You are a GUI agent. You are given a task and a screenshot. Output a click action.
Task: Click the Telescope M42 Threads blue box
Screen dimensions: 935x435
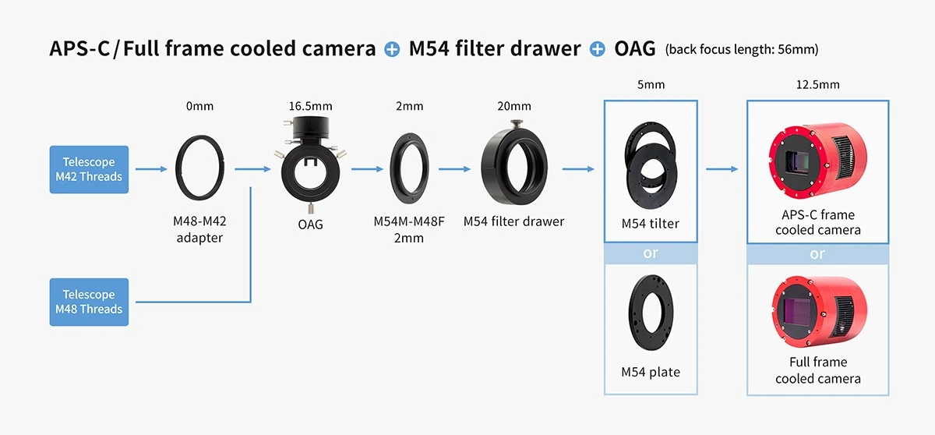[89, 169]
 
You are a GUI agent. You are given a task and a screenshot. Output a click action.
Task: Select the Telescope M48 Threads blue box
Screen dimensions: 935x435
[89, 302]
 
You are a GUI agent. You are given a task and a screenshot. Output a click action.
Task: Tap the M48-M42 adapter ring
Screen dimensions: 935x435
[177, 168]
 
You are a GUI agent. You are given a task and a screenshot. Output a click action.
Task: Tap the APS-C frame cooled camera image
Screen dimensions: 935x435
[817, 161]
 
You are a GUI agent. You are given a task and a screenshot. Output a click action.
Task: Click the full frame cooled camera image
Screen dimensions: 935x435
[819, 311]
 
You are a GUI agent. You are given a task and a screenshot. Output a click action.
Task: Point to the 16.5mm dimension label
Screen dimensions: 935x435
[311, 106]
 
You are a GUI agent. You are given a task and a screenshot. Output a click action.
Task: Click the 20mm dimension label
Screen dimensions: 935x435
[514, 106]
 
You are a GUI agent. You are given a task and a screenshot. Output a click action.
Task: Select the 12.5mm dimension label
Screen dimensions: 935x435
[817, 84]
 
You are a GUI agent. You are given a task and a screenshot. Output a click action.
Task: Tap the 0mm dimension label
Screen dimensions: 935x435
[199, 106]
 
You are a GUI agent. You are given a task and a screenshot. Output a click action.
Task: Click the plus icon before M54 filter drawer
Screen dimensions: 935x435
[392, 49]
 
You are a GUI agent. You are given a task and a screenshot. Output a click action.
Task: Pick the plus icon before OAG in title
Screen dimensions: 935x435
[598, 49]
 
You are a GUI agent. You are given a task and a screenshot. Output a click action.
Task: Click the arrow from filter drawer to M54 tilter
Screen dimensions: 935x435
[578, 169]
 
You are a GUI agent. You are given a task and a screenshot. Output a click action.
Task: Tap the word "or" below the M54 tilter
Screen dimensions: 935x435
[651, 253]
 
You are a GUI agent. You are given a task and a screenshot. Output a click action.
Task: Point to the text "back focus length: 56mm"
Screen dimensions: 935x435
[742, 49]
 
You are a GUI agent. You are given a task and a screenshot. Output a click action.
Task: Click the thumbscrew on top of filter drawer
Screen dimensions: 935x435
[516, 124]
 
